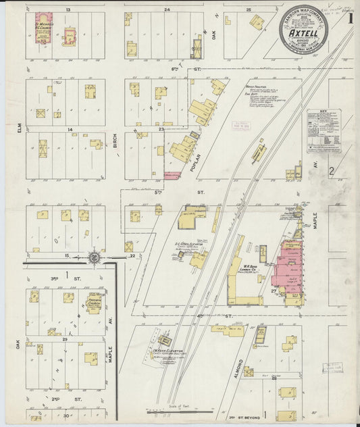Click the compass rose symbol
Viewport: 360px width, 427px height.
[x=95, y=257]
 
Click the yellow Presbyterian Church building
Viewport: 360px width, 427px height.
[x=93, y=302]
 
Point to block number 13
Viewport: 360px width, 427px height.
[x=68, y=10]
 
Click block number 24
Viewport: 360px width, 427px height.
[x=166, y=10]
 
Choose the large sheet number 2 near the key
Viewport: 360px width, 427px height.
[x=332, y=172]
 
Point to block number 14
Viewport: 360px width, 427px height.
[x=68, y=128]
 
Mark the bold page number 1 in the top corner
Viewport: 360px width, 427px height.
[x=350, y=18]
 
